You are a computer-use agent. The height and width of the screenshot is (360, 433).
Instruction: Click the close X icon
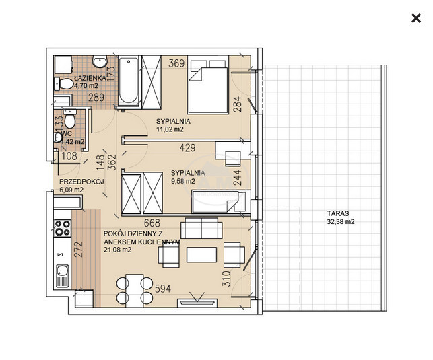pyautogui.click(x=416, y=18)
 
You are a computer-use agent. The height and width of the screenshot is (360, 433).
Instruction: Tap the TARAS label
pyautogui.click(x=338, y=213)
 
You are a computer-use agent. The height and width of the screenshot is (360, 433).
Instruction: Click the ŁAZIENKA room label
pyautogui.click(x=86, y=78)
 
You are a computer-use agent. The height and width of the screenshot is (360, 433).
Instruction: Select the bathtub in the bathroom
pyautogui.click(x=128, y=81)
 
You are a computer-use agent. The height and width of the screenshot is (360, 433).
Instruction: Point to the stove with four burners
pyautogui.click(x=63, y=228)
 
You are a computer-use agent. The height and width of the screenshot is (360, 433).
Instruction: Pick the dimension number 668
pyautogui.click(x=152, y=223)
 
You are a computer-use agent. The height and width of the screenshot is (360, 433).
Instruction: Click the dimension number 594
pyautogui.click(x=163, y=289)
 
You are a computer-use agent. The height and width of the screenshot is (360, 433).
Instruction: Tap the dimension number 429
pyautogui.click(x=187, y=148)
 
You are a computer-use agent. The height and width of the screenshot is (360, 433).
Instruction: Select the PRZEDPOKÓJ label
pyautogui.click(x=81, y=182)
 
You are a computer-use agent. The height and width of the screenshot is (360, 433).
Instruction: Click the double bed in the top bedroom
pyautogui.click(x=208, y=84)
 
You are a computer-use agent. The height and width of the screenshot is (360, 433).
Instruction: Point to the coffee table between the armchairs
pyautogui.click(x=201, y=254)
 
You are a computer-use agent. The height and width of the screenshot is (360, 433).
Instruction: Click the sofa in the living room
pyautogui.click(x=201, y=228)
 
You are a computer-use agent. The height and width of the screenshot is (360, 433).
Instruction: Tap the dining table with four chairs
pyautogui.click(x=135, y=291)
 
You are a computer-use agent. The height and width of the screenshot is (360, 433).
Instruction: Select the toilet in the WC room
pyautogui.click(x=69, y=118)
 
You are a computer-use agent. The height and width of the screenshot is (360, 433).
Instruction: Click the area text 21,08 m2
pyautogui.click(x=118, y=250)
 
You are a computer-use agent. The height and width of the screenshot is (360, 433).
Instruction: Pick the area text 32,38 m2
pyautogui.click(x=341, y=221)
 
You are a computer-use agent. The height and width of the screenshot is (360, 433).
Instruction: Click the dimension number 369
pyautogui.click(x=176, y=63)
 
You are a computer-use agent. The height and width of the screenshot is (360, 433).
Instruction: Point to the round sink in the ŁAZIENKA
pyautogui.click(x=100, y=61)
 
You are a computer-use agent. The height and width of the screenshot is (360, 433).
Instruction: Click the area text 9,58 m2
pyautogui.click(x=183, y=181)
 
